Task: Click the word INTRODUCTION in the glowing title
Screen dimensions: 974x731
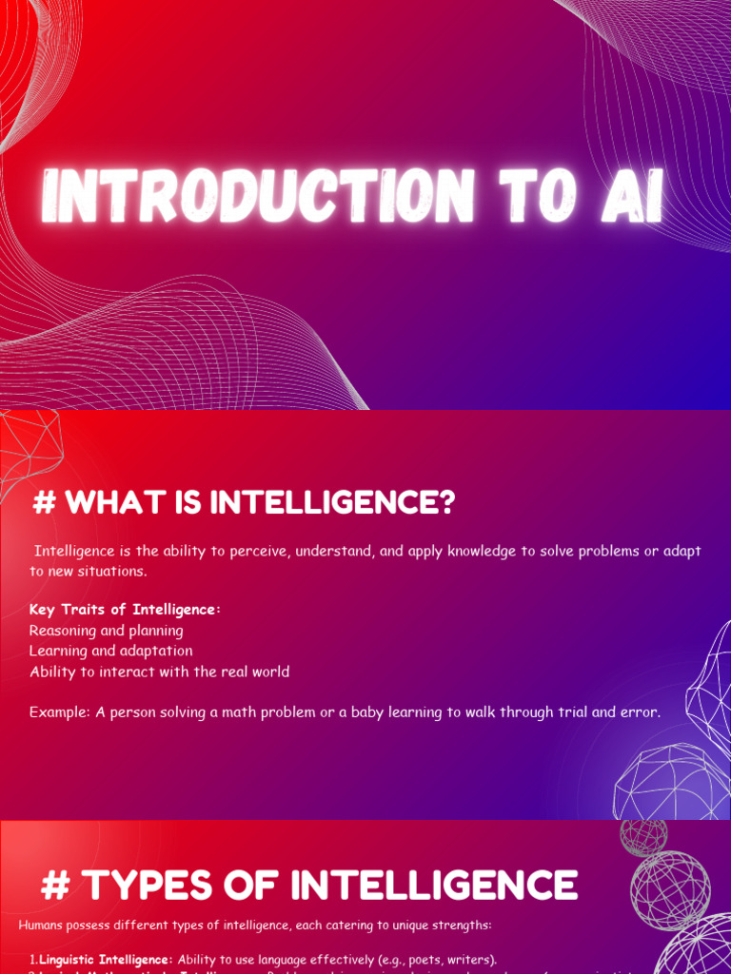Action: pyautogui.click(x=257, y=197)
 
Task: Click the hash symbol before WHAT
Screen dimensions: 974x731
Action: pyautogui.click(x=44, y=503)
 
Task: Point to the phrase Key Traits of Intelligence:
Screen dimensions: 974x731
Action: pyautogui.click(x=125, y=609)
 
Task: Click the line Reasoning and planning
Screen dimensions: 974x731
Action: pyautogui.click(x=106, y=630)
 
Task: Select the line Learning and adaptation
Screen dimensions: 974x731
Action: pyautogui.click(x=110, y=651)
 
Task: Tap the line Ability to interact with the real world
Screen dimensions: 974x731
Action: pyautogui.click(x=159, y=672)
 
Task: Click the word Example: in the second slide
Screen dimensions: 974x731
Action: pyautogui.click(x=60, y=711)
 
